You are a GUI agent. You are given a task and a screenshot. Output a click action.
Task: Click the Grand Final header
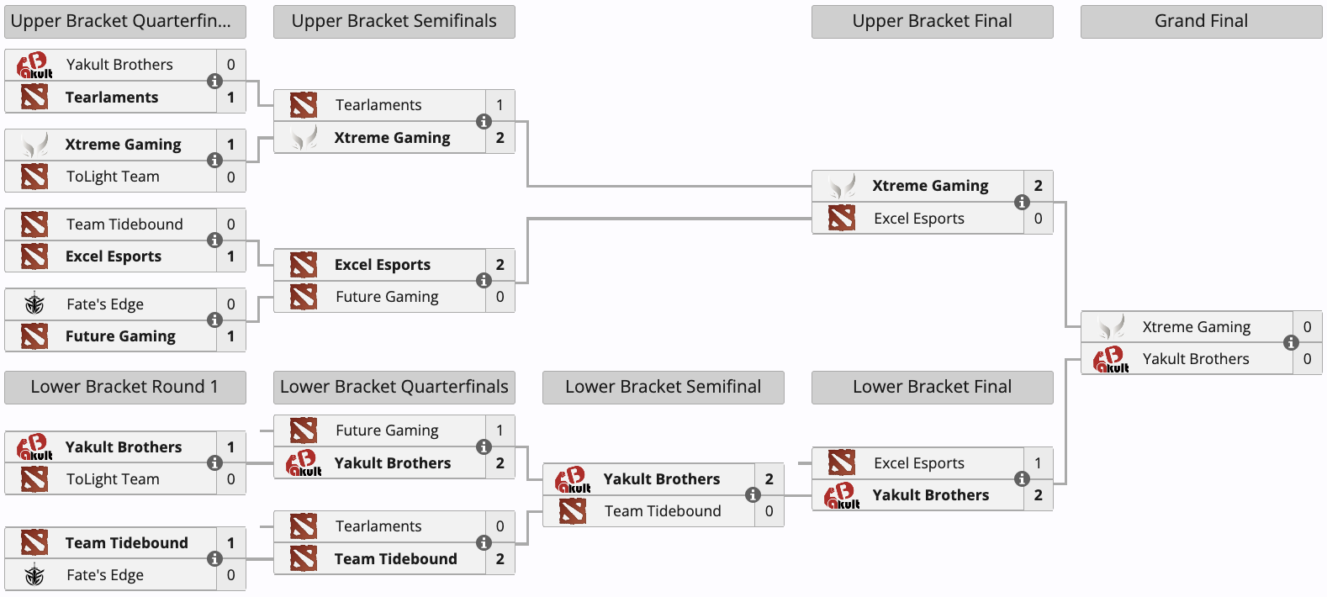[1201, 21]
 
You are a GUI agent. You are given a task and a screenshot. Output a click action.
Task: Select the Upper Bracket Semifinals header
[394, 21]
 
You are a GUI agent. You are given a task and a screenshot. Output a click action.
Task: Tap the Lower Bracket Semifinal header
[663, 387]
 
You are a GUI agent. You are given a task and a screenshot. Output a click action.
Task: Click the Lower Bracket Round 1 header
[125, 387]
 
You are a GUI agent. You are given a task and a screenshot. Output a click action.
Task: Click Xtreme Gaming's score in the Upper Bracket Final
[1038, 186]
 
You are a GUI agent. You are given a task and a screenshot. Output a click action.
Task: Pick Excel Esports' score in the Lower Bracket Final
[1038, 463]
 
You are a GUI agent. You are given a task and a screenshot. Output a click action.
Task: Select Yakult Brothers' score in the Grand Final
[1307, 359]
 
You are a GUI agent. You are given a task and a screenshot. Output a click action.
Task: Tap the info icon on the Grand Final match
[1291, 342]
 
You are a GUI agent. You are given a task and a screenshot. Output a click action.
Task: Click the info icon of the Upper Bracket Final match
[1022, 202]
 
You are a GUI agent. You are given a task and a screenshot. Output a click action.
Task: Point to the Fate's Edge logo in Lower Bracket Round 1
[34, 575]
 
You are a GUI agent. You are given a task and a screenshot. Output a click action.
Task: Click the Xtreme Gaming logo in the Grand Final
[1111, 327]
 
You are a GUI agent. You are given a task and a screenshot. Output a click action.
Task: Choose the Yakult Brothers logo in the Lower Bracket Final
[842, 496]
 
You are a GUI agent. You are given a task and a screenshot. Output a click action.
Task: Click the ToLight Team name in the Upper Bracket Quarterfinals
[113, 177]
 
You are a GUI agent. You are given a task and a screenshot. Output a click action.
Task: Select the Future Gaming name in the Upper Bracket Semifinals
[387, 297]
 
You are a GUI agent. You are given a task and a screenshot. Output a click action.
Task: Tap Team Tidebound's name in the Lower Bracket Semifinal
[663, 511]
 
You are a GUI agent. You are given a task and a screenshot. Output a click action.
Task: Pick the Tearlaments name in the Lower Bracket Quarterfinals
[378, 526]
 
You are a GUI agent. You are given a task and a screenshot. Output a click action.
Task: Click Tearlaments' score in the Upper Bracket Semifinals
[500, 105]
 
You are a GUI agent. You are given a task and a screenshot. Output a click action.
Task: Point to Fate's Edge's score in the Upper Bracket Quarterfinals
[231, 304]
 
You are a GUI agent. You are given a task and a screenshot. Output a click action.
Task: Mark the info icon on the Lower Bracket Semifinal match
[753, 494]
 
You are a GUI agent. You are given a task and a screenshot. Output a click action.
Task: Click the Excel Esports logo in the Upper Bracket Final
[842, 219]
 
